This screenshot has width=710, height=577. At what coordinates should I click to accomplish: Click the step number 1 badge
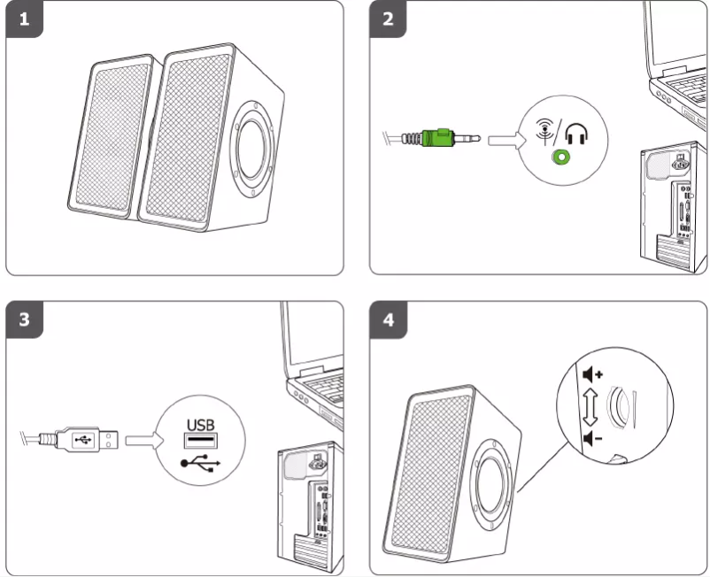click(25, 19)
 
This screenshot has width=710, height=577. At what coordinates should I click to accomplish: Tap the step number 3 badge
click(25, 319)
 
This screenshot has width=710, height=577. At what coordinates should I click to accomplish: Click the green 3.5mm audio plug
click(437, 138)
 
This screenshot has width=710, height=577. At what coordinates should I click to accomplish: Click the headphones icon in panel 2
click(576, 134)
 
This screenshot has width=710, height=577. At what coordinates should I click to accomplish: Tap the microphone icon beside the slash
click(545, 131)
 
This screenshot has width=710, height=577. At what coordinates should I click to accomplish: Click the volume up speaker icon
click(592, 374)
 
